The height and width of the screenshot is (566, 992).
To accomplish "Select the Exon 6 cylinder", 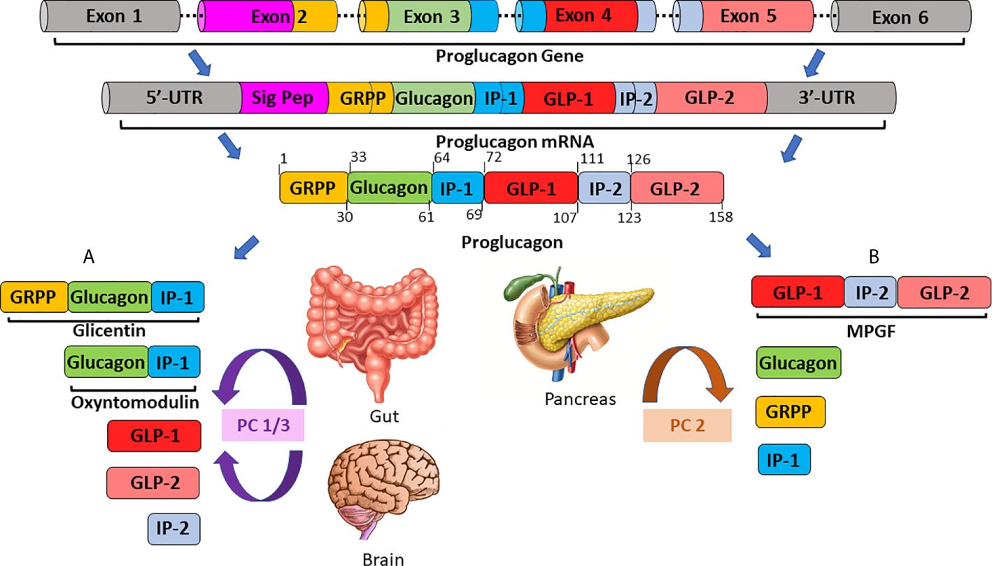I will [x=902, y=17].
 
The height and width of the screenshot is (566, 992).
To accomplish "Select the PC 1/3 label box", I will [x=262, y=425].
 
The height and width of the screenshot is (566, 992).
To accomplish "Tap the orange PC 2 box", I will [x=687, y=424].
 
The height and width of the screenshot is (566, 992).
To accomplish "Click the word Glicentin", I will [x=103, y=329].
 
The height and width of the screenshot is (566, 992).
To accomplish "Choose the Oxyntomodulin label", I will [x=132, y=404].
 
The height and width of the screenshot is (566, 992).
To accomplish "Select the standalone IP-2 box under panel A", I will [x=173, y=529].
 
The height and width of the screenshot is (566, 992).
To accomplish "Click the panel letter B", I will [x=873, y=257].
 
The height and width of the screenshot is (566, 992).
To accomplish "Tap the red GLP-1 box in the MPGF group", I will [x=797, y=292].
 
